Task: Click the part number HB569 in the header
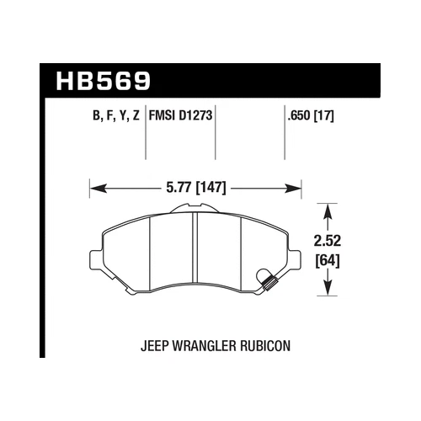pos(103,82)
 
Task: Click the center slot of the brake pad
pos(195,253)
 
